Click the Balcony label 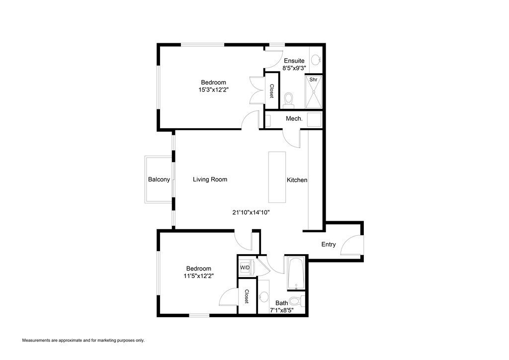point(159,180)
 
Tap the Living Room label point(210,180)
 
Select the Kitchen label point(297,180)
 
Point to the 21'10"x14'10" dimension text point(251,212)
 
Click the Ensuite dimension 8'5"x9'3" point(294,68)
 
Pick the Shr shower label point(313,80)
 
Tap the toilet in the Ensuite point(288,101)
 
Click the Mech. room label point(294,119)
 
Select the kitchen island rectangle point(277,177)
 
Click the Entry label point(329,244)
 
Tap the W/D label point(245,268)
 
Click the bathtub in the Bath point(296,273)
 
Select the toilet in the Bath point(297,301)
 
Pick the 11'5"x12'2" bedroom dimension point(199,275)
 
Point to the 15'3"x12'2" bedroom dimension point(213,90)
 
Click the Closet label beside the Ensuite point(272,90)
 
